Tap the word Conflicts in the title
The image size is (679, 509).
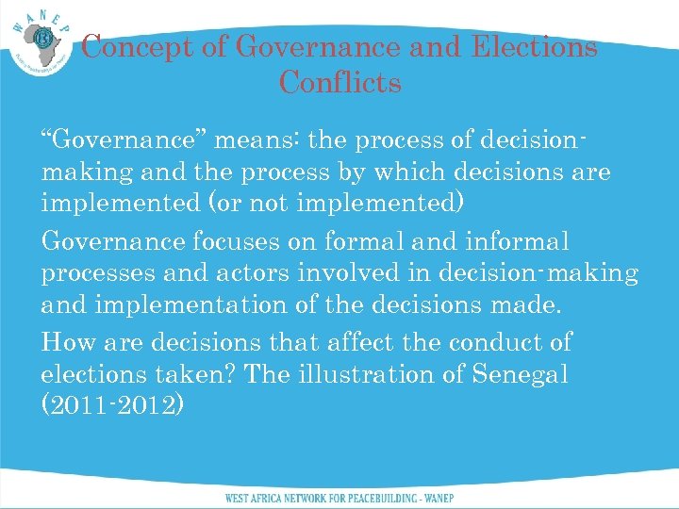(339, 83)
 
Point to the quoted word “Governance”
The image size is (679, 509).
(124, 141)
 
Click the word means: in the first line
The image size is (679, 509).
(257, 141)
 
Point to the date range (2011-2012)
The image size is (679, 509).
(113, 406)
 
